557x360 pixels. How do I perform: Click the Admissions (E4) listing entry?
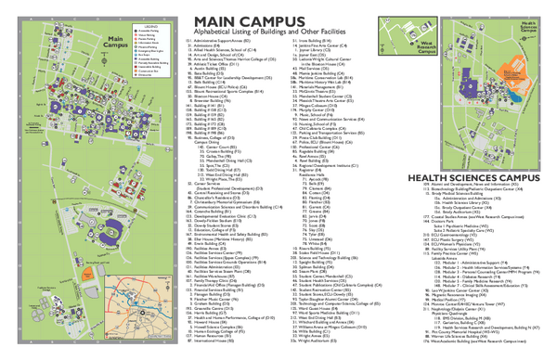[213, 48]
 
